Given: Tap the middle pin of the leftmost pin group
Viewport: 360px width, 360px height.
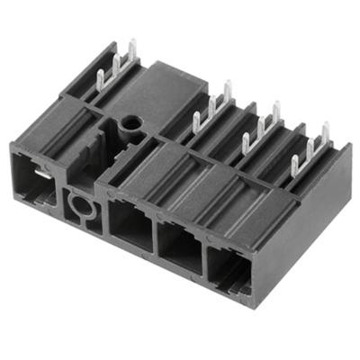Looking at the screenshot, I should point(116,64).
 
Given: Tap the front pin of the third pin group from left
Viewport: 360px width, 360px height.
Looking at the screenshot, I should point(245,143).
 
